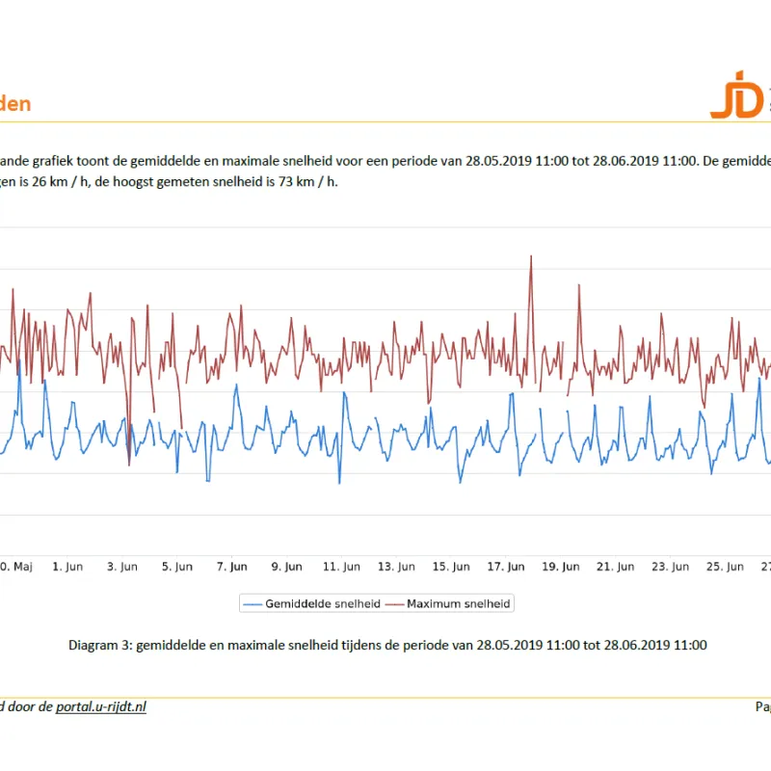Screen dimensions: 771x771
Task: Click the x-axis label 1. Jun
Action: (x=68, y=568)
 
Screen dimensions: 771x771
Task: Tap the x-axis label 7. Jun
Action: (x=232, y=568)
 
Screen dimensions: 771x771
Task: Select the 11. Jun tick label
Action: (x=342, y=568)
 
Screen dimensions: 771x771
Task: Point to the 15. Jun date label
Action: (x=451, y=568)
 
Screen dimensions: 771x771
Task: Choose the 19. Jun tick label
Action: (x=561, y=568)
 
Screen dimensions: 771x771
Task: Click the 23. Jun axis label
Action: (x=671, y=568)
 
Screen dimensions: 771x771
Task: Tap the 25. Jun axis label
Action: (x=725, y=568)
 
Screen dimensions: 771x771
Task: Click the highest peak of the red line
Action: (x=531, y=257)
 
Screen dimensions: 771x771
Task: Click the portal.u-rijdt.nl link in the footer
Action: (x=101, y=706)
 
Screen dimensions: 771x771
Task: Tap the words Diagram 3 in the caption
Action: (x=100, y=645)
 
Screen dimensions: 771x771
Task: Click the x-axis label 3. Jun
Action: (x=122, y=568)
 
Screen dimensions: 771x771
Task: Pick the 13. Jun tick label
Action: (x=397, y=568)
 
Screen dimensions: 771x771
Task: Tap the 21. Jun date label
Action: (x=616, y=568)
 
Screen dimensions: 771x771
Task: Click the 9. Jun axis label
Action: (x=287, y=568)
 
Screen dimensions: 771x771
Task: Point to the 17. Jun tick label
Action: (x=506, y=568)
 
